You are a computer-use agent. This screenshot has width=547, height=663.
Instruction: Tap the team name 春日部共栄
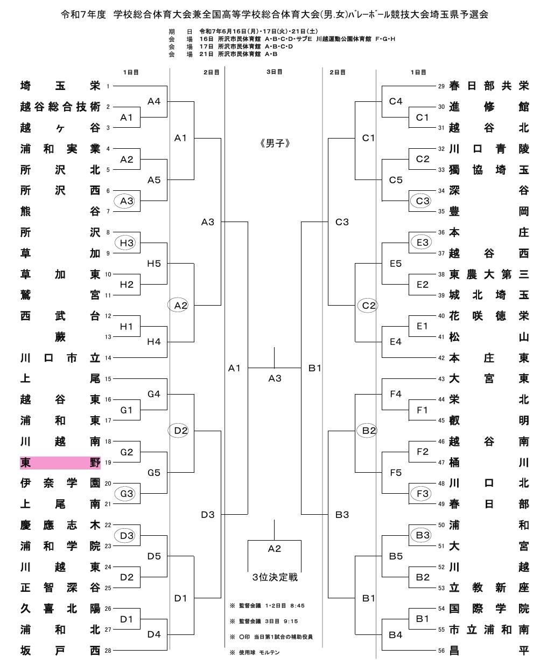(x=489, y=86)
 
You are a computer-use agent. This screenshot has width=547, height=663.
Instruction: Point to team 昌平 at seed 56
(x=489, y=651)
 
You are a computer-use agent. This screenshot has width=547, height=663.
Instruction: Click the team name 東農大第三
(x=489, y=274)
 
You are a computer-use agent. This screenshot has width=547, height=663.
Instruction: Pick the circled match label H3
(x=127, y=243)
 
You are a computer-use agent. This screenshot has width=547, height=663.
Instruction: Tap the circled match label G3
(x=127, y=494)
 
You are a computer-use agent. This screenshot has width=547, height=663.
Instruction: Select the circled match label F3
(x=423, y=494)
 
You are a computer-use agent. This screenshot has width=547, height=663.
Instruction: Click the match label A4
(x=154, y=101)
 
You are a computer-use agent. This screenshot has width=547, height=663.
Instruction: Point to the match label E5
(x=396, y=264)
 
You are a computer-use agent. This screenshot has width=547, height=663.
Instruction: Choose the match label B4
(x=396, y=635)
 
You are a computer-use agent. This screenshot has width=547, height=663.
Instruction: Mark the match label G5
(x=154, y=473)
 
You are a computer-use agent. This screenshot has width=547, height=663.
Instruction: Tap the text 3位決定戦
(x=275, y=577)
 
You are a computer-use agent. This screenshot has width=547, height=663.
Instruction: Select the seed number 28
(x=108, y=651)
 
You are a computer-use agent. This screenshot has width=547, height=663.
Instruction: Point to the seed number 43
(x=441, y=379)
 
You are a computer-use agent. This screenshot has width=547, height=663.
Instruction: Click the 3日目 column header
(x=275, y=72)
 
